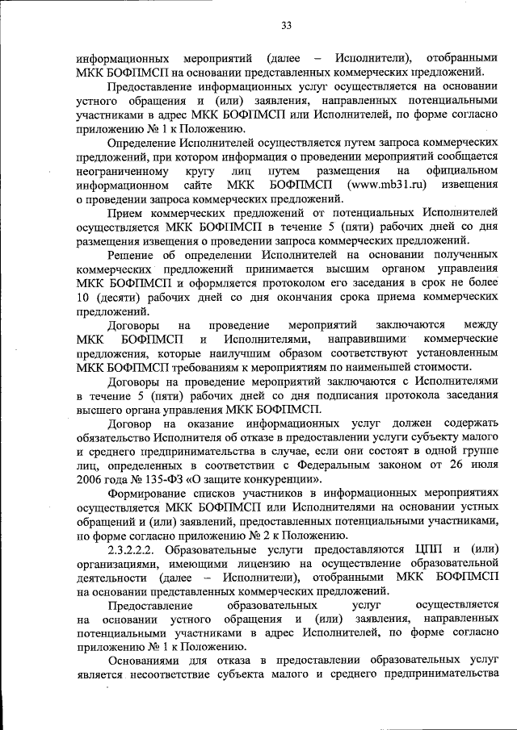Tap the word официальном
[x=460, y=171]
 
